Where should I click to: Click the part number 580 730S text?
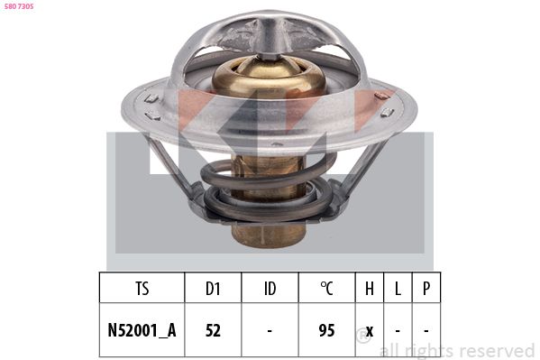pyautogui.click(x=19, y=6)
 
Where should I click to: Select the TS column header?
pyautogui.click(x=142, y=289)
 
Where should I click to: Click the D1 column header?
pyautogui.click(x=213, y=289)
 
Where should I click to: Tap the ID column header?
pyautogui.click(x=270, y=289)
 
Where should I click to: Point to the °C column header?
pyautogui.click(x=326, y=289)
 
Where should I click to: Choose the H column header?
pyautogui.click(x=370, y=289)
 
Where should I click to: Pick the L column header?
pyautogui.click(x=398, y=289)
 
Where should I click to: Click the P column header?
pyautogui.click(x=426, y=289)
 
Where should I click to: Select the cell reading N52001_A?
pyautogui.click(x=142, y=330)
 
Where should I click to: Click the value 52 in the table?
pyautogui.click(x=213, y=330)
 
